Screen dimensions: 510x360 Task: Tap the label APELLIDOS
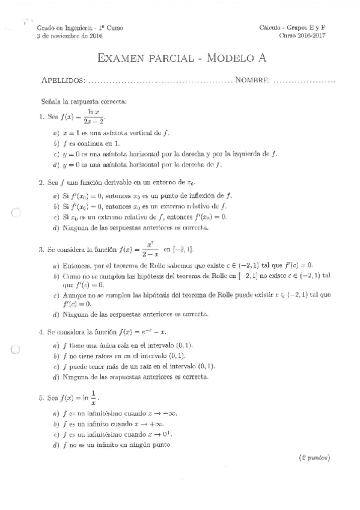pos(63,81)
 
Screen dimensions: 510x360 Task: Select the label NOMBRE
pos(252,81)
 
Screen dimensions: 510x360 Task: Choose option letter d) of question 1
pos(55,164)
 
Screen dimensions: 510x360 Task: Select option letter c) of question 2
pos(55,217)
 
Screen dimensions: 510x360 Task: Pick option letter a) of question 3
pos(55,266)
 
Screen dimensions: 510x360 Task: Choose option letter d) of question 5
pos(55,445)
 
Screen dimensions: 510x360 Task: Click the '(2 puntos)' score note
pos(314,458)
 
